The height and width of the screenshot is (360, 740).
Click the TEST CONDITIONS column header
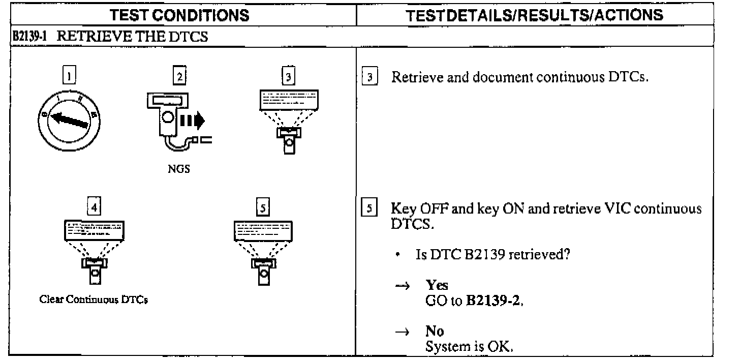tap(180, 15)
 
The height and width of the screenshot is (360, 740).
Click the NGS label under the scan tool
tap(179, 169)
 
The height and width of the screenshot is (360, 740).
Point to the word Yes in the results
tap(437, 285)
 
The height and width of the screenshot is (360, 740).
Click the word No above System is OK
tap(435, 332)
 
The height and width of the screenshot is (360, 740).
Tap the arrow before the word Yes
tap(402, 285)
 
